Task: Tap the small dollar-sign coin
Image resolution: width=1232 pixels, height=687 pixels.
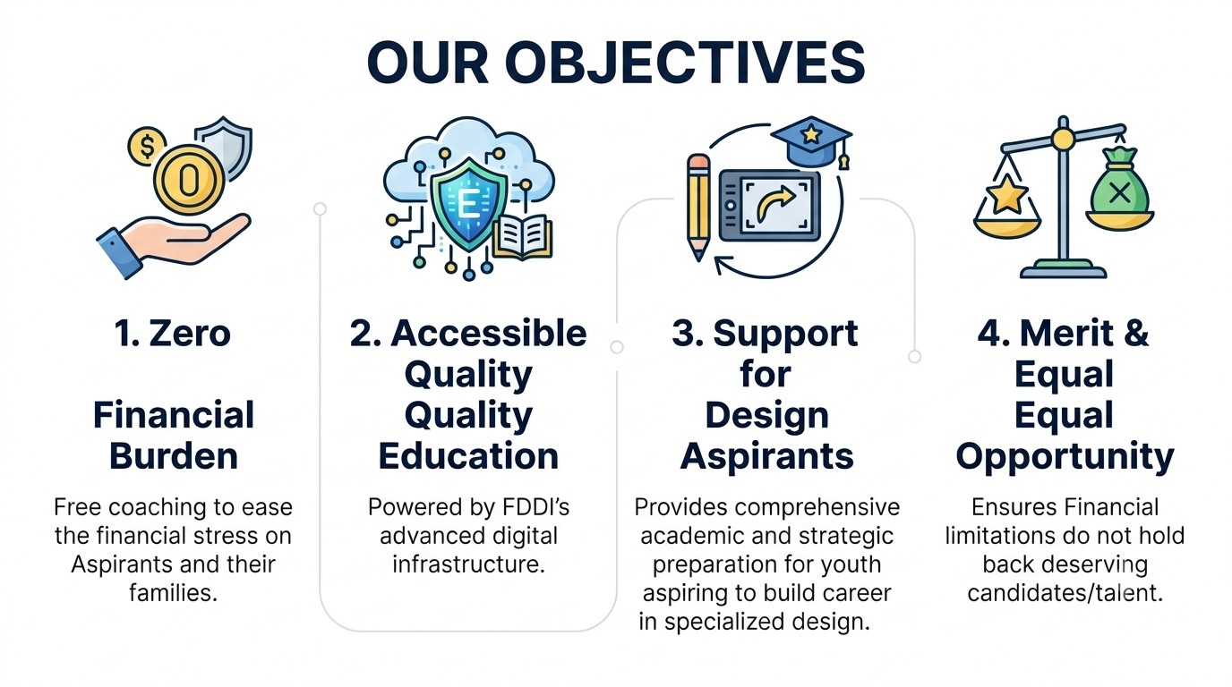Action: [x=147, y=146]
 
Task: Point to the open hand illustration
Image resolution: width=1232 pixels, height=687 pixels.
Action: [x=174, y=243]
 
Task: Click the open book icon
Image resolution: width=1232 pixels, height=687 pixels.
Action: [x=523, y=237]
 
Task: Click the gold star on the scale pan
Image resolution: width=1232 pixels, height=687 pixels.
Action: [x=1006, y=193]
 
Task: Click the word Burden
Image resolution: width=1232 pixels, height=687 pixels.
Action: [x=174, y=456]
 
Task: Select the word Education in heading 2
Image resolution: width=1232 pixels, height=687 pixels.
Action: [x=468, y=456]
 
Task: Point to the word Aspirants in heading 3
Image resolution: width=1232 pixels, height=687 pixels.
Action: [x=766, y=457]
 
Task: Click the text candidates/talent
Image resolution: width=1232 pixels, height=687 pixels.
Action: [x=1065, y=593]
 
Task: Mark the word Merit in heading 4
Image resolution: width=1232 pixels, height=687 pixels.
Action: [x=1062, y=333]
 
